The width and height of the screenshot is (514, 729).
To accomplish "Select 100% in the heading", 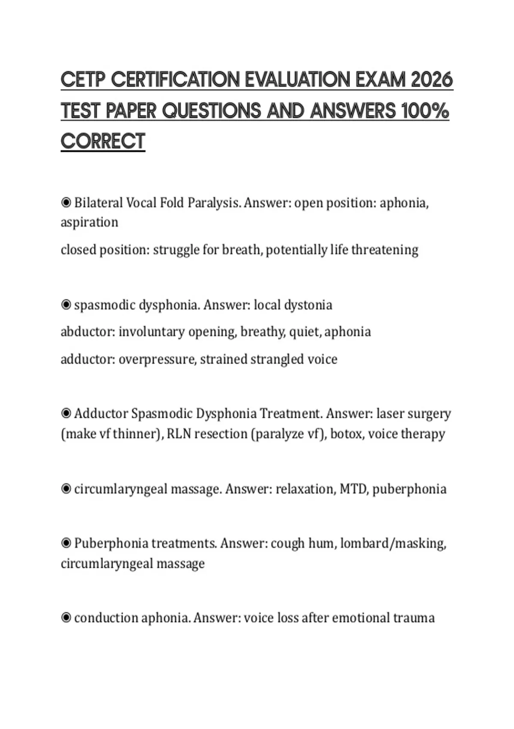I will click(425, 111).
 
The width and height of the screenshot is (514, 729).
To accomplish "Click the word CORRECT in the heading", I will click(103, 142).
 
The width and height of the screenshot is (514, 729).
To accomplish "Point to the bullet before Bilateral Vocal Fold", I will click(66, 202).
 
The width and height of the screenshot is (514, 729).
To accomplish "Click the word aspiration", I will click(89, 222).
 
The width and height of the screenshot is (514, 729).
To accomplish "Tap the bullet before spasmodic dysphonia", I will click(66, 305).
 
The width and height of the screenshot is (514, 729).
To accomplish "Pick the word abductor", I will click(88, 331).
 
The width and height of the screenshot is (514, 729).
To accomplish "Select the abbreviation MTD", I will click(354, 489).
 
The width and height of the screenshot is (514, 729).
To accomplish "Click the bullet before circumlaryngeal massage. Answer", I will click(66, 489).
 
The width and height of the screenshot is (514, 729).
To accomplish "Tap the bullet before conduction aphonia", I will click(66, 618).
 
